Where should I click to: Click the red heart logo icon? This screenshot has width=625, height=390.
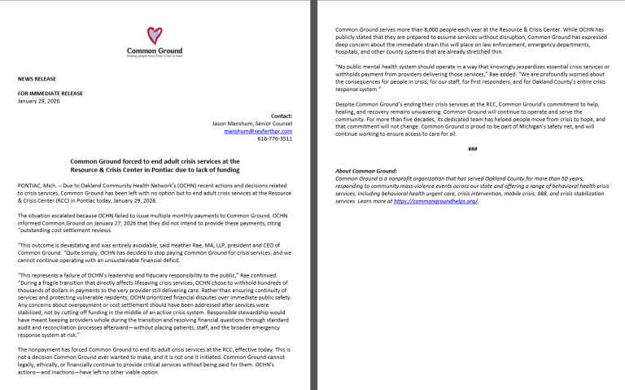point(154,37)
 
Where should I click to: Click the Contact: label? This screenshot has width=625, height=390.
point(281,116)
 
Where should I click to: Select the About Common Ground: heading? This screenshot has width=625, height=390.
point(365,170)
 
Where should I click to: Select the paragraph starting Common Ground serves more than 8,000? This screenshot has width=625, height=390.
point(472,40)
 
